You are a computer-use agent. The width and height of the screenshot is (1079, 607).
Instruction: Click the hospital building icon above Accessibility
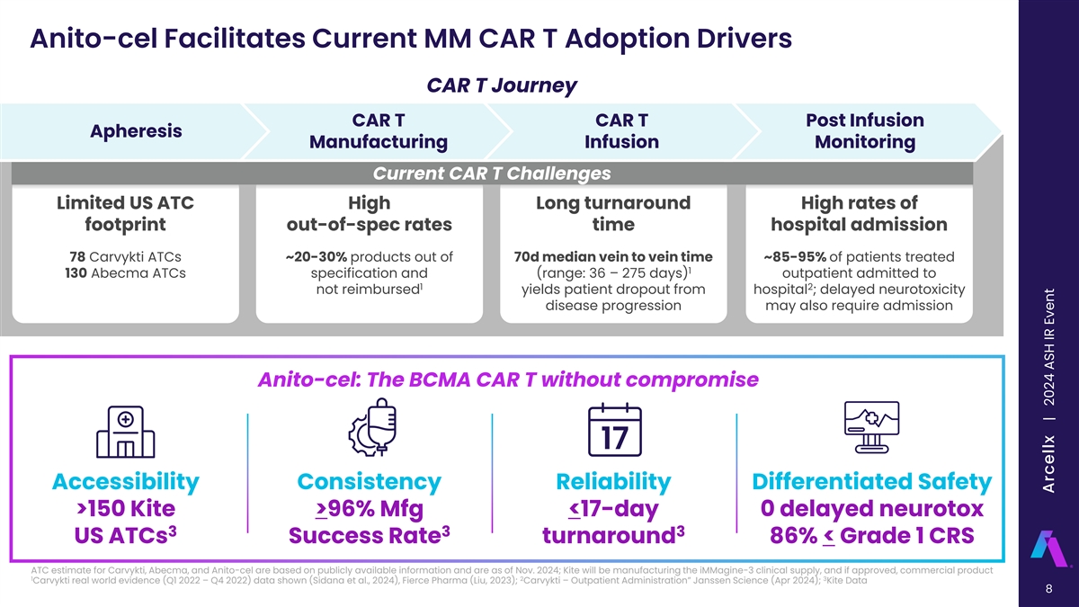(x=126, y=430)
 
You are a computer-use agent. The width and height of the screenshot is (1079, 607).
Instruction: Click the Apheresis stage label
(x=137, y=131)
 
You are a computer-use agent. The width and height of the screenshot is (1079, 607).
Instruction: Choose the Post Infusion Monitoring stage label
(x=864, y=131)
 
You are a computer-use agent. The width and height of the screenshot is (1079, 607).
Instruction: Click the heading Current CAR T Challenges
(x=493, y=174)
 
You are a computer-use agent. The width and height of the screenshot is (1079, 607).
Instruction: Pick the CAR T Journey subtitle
(x=502, y=86)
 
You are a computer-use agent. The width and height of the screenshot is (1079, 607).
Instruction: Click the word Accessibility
(x=126, y=482)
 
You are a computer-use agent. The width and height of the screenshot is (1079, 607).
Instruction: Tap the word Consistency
(x=369, y=482)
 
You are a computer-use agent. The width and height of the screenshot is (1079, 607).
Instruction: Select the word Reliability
(x=613, y=482)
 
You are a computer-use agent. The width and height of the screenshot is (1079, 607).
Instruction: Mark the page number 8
(x=1048, y=590)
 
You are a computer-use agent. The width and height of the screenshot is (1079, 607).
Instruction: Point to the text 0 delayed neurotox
(x=871, y=509)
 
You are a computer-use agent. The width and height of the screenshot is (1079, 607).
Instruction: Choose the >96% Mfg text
(x=369, y=509)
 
